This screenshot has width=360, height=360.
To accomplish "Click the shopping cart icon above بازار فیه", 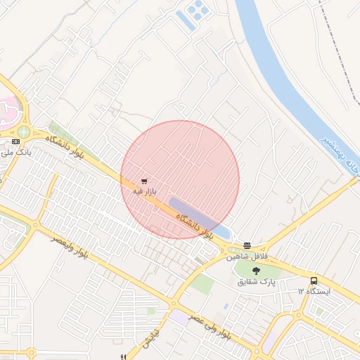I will pyautogui.click(x=144, y=181).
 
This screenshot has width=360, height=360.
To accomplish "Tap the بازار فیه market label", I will pyautogui.click(x=144, y=191).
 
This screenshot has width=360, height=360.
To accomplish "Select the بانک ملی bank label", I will pyautogui.click(x=19, y=151).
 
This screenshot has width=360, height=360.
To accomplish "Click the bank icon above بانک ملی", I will pyautogui.click(x=15, y=142).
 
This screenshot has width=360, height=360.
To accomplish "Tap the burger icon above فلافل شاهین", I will pyautogui.click(x=247, y=246).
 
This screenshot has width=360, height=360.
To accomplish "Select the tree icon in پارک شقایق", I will pyautogui.click(x=255, y=271).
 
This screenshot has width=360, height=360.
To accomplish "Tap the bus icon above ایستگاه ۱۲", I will pyautogui.click(x=314, y=281).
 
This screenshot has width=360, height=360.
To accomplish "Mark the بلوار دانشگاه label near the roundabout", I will pyautogui.click(x=65, y=146).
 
